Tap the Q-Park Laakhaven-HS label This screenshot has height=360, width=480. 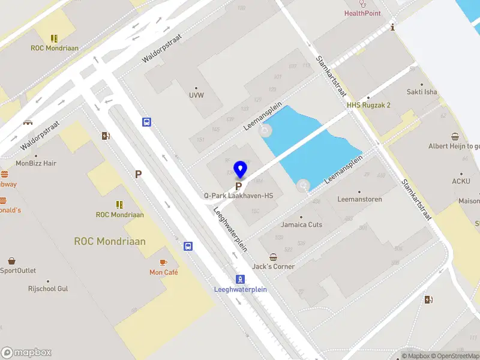pos(238,196)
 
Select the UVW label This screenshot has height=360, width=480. pos(196,95)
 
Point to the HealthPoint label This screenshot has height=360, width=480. pos(362,13)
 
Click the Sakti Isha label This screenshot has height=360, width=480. pos(422,92)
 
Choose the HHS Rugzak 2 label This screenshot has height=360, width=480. pos(369,105)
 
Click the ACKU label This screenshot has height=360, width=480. pos(461,181)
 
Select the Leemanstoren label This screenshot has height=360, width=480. pos(360,199)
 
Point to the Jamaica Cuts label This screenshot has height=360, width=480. pos(302,225)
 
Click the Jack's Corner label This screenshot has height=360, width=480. pos(274,266)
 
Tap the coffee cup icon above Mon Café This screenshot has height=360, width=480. pos(163,262)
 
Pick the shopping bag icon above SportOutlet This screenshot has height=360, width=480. pos(11,261)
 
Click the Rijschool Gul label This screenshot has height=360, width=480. pos(48,289)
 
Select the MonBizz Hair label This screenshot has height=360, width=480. pos(36,163)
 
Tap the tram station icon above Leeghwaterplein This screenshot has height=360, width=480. pos(240,279)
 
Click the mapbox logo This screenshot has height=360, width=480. pos(26,352)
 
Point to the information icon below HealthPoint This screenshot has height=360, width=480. pos(392,27)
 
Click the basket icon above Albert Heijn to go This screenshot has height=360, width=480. pos(455,136)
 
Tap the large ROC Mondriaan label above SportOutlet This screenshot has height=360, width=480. pos(110,241)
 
